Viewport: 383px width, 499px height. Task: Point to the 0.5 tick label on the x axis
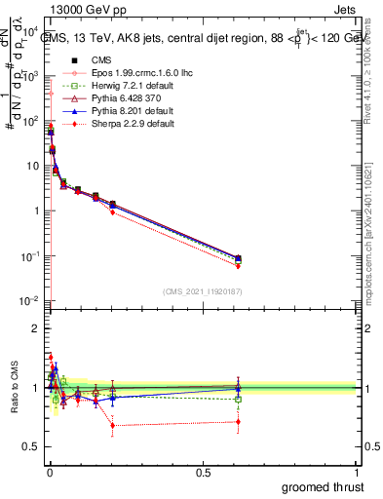(203, 471)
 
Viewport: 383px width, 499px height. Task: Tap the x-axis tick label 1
(357, 471)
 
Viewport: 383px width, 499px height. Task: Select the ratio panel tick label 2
(36, 329)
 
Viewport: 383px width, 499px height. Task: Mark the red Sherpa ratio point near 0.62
(239, 422)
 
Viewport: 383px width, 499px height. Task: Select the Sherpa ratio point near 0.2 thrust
(113, 425)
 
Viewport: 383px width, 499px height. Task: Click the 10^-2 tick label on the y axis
(29, 301)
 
